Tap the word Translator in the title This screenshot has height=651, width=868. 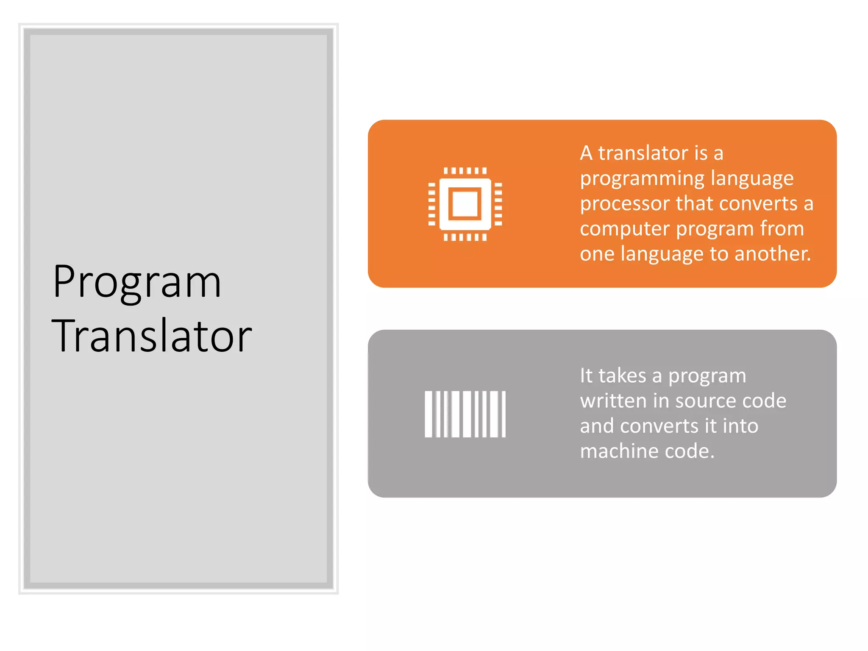(152, 336)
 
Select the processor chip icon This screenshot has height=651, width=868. (465, 204)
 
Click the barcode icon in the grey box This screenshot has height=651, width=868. (465, 414)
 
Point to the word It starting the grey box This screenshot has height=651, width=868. (586, 376)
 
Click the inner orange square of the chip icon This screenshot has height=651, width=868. (465, 204)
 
